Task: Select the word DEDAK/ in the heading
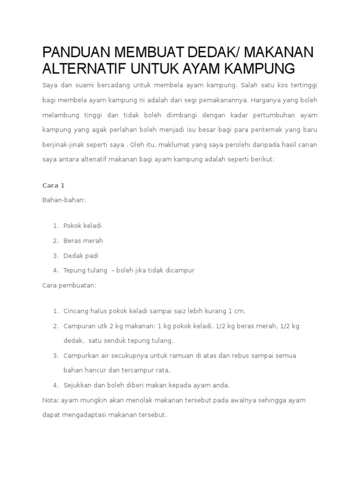[215, 52]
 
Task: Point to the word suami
[79, 85]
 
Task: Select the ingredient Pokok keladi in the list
[82, 225]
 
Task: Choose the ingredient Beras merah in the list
[83, 240]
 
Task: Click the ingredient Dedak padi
[81, 255]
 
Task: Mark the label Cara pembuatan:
[69, 285]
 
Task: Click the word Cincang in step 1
[75, 311]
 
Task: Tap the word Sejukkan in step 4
[77, 385]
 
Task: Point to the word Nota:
[50, 400]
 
